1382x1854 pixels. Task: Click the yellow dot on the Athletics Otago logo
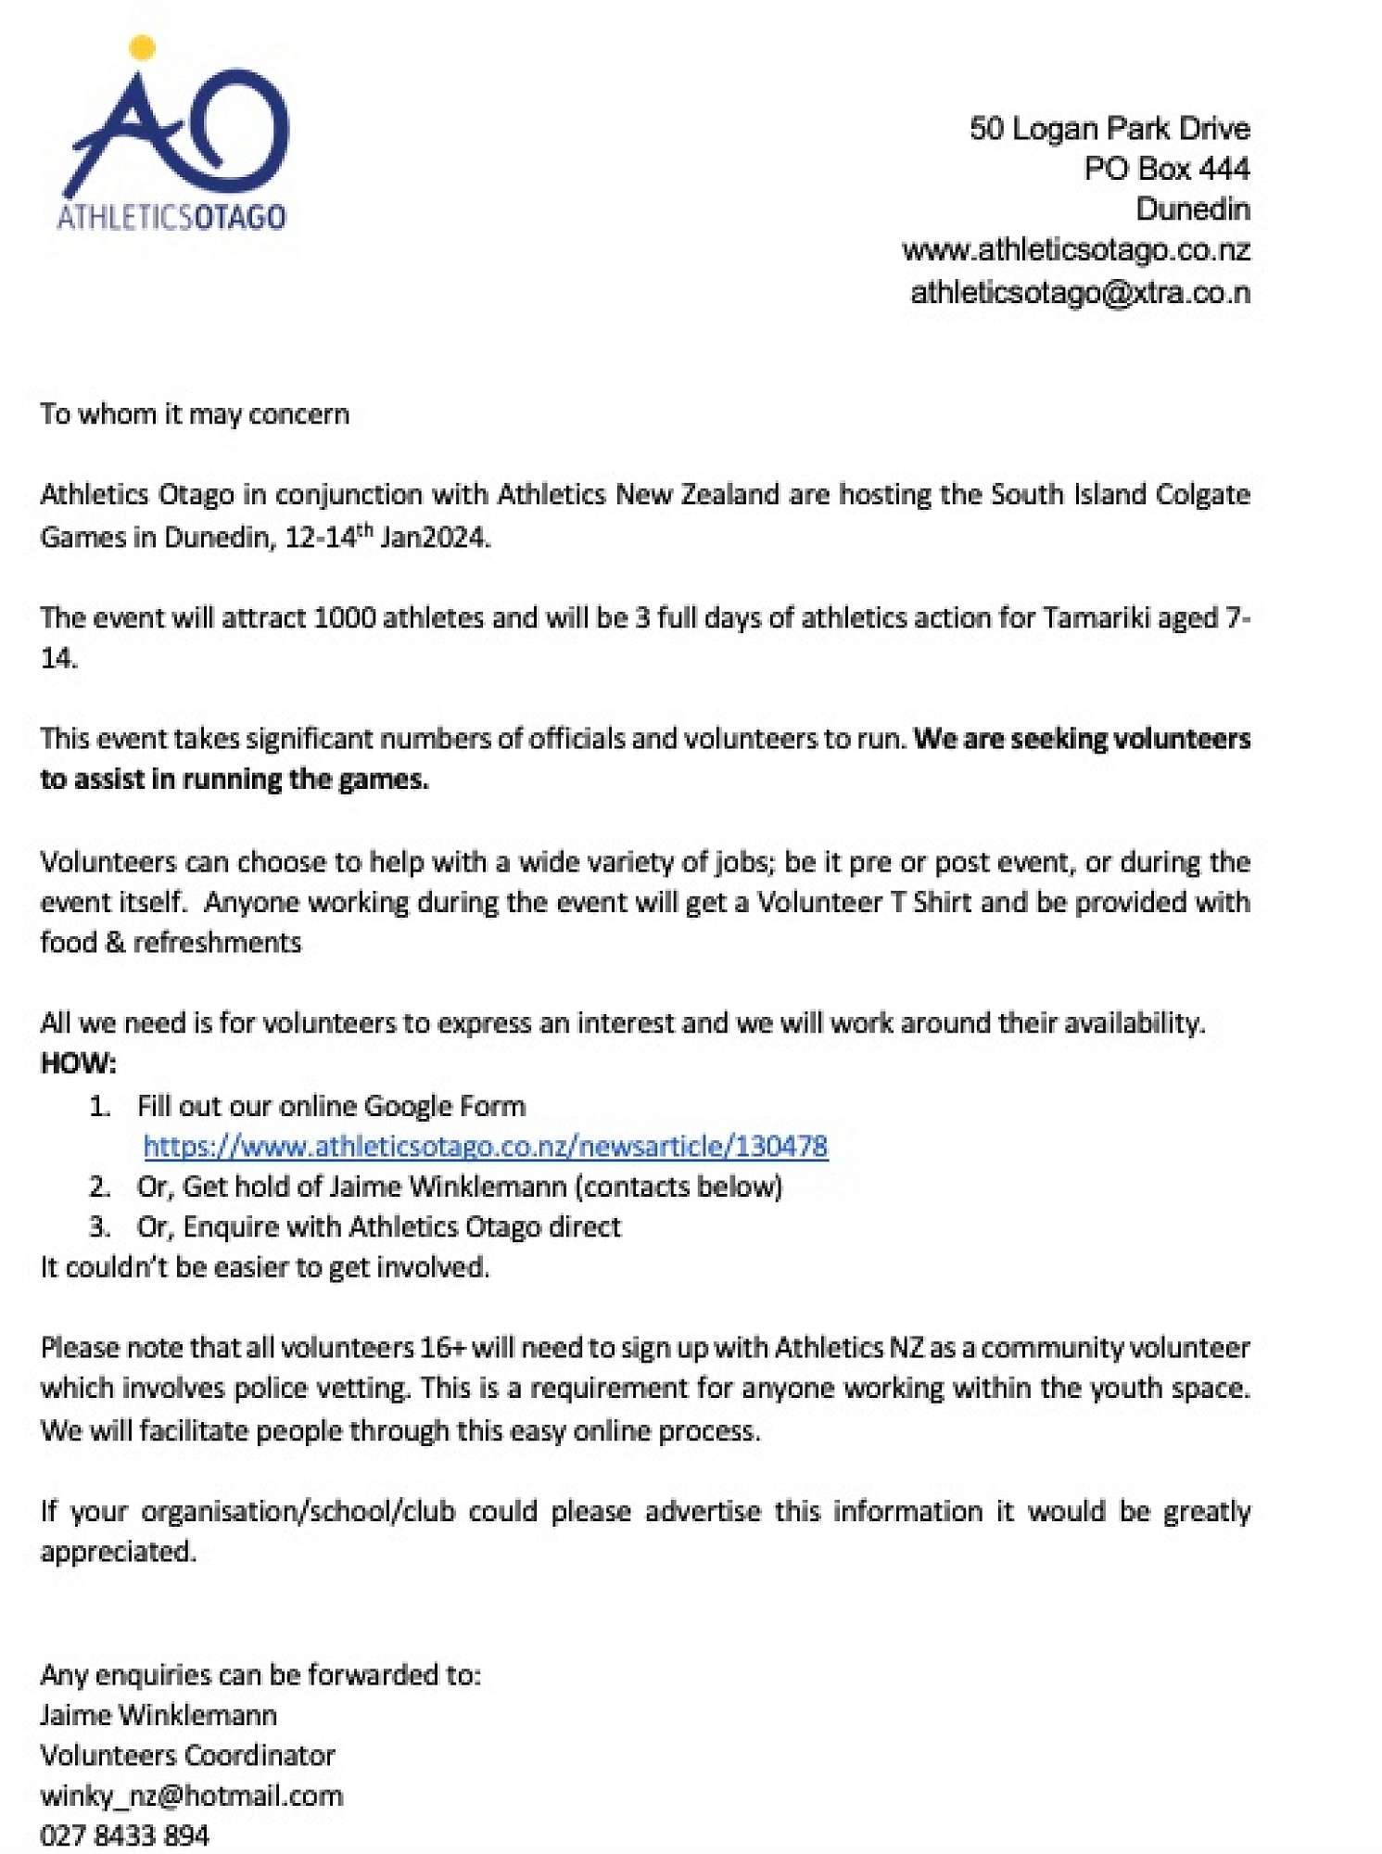(x=142, y=47)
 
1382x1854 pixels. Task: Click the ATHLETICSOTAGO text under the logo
(x=171, y=217)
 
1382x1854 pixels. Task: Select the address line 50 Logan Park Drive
(x=1109, y=128)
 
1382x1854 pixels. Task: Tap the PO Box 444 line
(x=1166, y=169)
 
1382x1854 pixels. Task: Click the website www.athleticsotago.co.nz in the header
(x=1075, y=250)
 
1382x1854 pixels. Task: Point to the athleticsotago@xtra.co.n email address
(x=1080, y=293)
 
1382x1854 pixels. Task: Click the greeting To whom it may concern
(x=195, y=413)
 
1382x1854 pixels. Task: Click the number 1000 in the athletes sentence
(x=344, y=617)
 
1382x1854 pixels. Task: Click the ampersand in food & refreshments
(x=115, y=943)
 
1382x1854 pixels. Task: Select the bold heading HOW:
(x=79, y=1063)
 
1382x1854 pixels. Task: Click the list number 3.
(x=99, y=1227)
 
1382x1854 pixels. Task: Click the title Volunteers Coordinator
(x=187, y=1755)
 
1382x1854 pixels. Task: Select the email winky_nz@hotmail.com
(x=192, y=1796)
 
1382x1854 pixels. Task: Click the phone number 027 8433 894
(x=125, y=1835)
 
